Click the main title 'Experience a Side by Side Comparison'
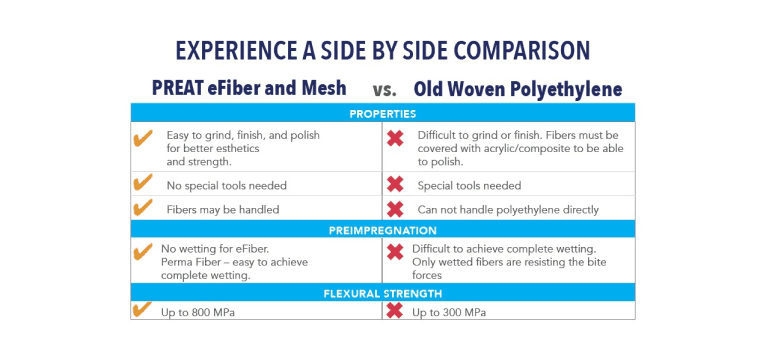pos(382,50)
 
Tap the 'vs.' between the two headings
pos(384,89)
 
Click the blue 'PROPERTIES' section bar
pos(382,113)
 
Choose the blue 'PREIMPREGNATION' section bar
pos(382,230)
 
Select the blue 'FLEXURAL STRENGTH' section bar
pos(382,294)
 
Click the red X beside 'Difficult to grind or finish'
pos(395,138)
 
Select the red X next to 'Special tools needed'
pos(395,185)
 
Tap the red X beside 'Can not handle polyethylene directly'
pos(395,209)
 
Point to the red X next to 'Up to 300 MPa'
pos(395,311)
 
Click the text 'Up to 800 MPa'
pos(204,313)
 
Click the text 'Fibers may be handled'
pos(222,209)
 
